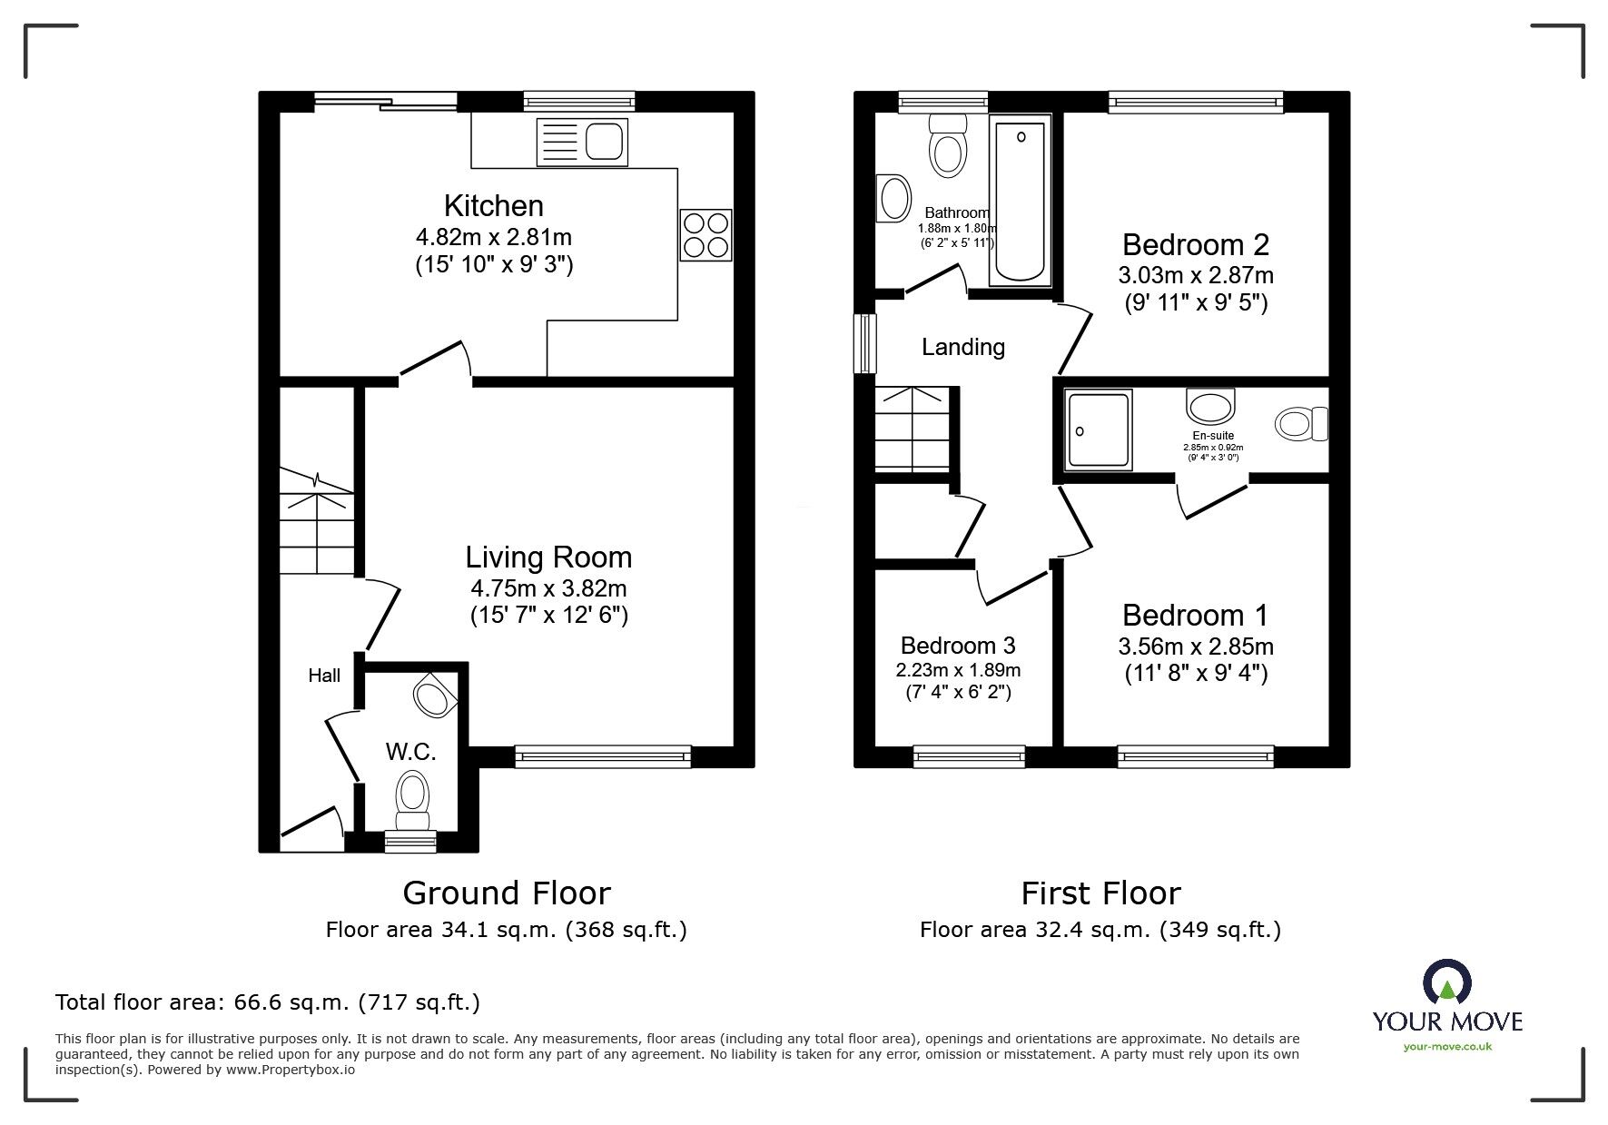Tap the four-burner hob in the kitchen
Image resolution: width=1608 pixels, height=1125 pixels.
[x=705, y=235]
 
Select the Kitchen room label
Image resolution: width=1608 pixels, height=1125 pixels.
[x=494, y=205]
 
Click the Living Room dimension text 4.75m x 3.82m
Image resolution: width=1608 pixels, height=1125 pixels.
[x=548, y=587]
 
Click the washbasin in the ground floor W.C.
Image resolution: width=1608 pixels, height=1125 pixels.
[x=435, y=696]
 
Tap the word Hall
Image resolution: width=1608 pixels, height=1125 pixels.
[x=324, y=675]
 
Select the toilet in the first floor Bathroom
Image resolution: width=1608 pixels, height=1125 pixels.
[x=948, y=144]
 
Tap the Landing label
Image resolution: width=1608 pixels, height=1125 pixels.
[x=963, y=347]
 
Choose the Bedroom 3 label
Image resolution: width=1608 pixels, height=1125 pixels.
[x=958, y=646]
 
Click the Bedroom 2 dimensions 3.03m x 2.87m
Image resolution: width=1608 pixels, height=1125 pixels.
[x=1196, y=274]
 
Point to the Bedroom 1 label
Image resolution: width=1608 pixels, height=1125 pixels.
[x=1195, y=615]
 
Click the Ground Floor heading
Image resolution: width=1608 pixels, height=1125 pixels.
[x=507, y=893]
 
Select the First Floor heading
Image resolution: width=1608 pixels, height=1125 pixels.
[x=1100, y=893]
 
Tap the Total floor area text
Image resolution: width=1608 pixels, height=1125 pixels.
[x=268, y=1002]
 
